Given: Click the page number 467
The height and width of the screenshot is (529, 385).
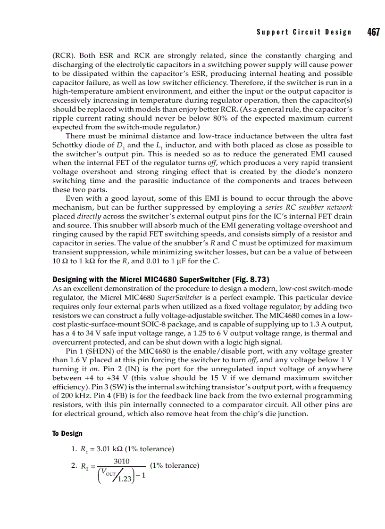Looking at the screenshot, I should coord(373,32).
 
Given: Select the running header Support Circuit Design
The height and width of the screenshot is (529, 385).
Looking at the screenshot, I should coord(304,33).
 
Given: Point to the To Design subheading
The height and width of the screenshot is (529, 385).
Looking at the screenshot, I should coord(67,433).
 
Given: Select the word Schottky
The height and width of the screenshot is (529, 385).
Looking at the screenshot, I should coord(67,145).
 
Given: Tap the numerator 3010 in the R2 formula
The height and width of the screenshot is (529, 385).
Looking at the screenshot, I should coord(122,462).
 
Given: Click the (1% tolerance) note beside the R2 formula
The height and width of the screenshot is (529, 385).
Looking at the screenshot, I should coord(174,465).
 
